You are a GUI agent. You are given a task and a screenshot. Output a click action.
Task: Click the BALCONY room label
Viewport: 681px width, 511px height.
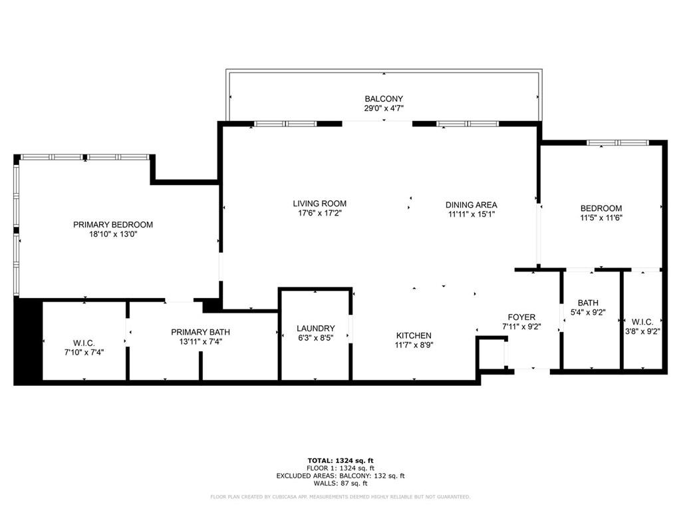click(x=383, y=99)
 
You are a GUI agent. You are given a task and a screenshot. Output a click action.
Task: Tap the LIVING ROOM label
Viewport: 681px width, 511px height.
click(x=319, y=204)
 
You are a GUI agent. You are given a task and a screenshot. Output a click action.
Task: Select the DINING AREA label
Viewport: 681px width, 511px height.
click(x=471, y=205)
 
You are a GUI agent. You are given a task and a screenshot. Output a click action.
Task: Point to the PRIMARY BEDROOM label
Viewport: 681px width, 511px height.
click(x=113, y=225)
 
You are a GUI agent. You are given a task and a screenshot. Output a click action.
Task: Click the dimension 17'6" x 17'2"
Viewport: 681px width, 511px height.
click(x=319, y=214)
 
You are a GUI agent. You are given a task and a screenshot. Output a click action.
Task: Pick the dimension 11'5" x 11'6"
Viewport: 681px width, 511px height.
click(x=601, y=218)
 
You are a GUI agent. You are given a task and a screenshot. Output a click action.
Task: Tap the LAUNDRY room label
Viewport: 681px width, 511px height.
click(x=315, y=329)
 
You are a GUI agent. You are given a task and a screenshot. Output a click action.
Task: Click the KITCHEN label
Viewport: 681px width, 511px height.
click(x=414, y=335)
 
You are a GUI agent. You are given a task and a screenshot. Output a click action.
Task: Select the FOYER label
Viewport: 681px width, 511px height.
click(x=521, y=317)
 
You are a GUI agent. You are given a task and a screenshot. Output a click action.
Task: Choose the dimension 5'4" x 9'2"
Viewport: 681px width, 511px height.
click(x=588, y=313)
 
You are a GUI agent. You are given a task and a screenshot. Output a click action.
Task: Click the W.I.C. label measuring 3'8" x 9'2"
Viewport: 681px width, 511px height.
click(x=642, y=322)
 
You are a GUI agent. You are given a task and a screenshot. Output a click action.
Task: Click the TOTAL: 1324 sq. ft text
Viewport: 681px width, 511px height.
click(x=340, y=460)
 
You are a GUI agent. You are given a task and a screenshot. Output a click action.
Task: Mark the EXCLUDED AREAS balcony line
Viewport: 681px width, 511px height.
click(x=340, y=476)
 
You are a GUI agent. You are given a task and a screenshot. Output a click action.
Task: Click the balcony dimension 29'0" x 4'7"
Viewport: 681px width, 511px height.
click(x=383, y=108)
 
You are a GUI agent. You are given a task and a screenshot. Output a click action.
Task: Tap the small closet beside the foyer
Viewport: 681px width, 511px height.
click(x=491, y=353)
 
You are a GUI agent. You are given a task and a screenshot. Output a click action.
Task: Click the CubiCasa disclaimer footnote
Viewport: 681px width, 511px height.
click(x=340, y=497)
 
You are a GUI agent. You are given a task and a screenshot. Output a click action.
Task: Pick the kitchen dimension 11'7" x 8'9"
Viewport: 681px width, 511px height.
click(x=414, y=345)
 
